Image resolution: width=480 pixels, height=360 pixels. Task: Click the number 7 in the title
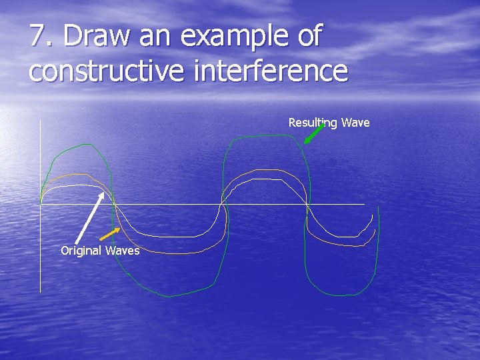(37, 37)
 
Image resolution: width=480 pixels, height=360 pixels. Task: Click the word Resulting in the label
(313, 123)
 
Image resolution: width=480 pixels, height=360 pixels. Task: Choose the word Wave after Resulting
(355, 123)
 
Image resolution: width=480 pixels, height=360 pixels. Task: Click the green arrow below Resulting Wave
(313, 133)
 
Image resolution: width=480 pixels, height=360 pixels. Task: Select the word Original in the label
(80, 251)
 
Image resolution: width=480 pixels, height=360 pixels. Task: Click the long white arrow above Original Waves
(89, 218)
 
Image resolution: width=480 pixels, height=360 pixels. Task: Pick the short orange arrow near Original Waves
(110, 234)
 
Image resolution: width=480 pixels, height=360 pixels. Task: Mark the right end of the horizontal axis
(363, 204)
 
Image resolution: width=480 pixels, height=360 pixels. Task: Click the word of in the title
(309, 37)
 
